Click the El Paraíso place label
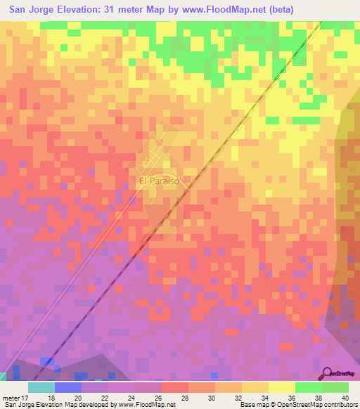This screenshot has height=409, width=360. [159, 181]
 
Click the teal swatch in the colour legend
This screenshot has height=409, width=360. [41, 388]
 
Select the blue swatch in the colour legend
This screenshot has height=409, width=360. [67, 388]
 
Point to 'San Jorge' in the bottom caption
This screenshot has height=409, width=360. [18, 404]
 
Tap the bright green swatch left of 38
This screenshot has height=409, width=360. [308, 388]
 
